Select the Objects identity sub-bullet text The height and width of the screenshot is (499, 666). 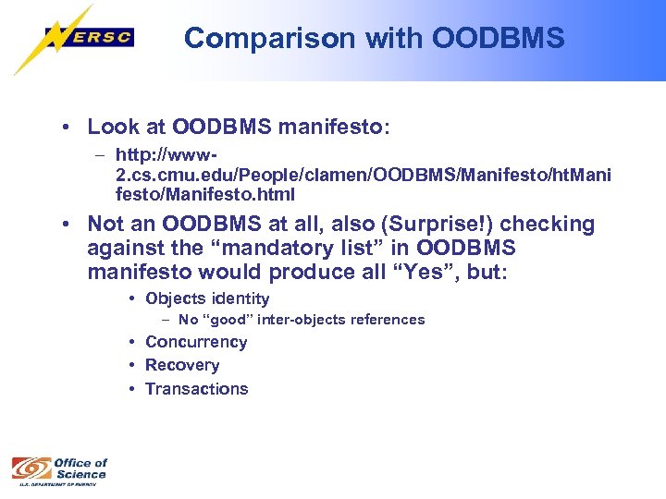click(207, 298)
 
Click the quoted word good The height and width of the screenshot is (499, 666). click(228, 320)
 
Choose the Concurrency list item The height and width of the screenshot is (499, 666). click(196, 342)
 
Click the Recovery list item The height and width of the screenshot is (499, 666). click(182, 365)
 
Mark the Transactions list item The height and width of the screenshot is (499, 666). click(197, 389)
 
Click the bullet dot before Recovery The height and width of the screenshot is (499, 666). click(134, 365)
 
